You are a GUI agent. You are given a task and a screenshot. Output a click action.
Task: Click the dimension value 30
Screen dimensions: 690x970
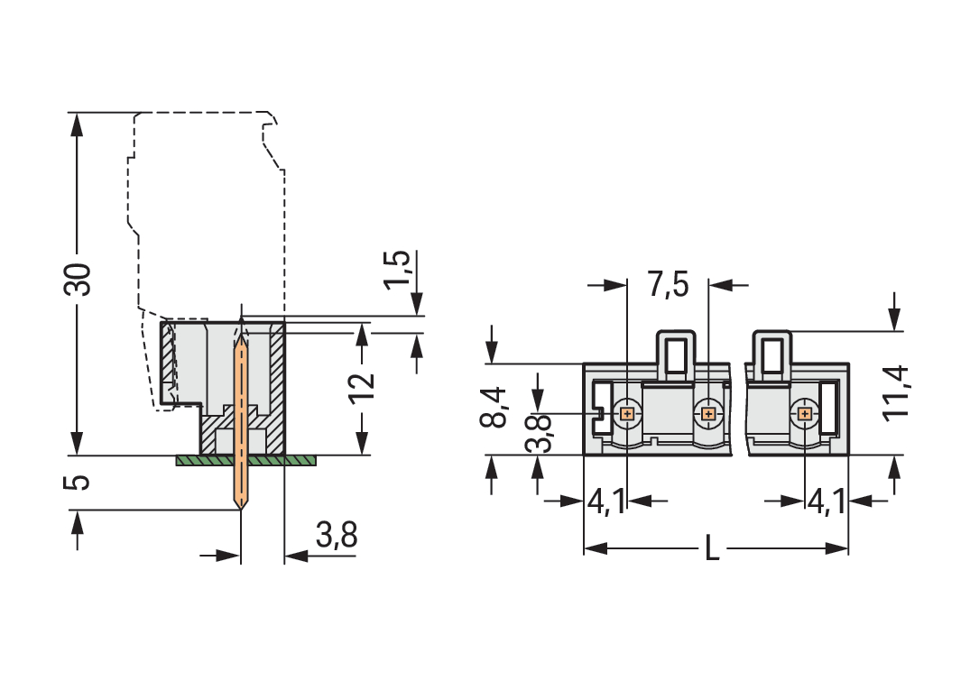(x=80, y=281)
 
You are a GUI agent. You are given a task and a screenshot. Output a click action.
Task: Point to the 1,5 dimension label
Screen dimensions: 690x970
(x=398, y=269)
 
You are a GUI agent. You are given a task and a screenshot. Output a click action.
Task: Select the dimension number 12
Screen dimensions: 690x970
(x=361, y=389)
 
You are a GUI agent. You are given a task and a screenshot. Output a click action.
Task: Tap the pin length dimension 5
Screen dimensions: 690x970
(x=80, y=482)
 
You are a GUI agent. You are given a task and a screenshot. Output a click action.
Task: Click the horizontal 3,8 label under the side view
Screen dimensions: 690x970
(x=337, y=537)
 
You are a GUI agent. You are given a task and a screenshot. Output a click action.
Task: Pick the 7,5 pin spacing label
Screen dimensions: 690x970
(x=668, y=285)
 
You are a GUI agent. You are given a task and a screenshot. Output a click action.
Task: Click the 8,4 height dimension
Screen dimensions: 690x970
(x=494, y=407)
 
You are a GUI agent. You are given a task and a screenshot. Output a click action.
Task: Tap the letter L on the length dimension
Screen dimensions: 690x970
(x=712, y=548)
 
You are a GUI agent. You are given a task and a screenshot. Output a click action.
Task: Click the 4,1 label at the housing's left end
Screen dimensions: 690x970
(x=605, y=501)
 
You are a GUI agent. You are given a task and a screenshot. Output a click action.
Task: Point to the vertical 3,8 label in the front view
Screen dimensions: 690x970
(x=539, y=434)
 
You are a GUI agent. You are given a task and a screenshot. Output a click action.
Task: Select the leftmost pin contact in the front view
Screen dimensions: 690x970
(x=627, y=414)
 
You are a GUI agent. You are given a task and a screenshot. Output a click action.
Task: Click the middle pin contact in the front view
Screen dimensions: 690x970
(x=708, y=414)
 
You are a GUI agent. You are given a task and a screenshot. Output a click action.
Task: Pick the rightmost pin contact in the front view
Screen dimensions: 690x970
(x=805, y=414)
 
